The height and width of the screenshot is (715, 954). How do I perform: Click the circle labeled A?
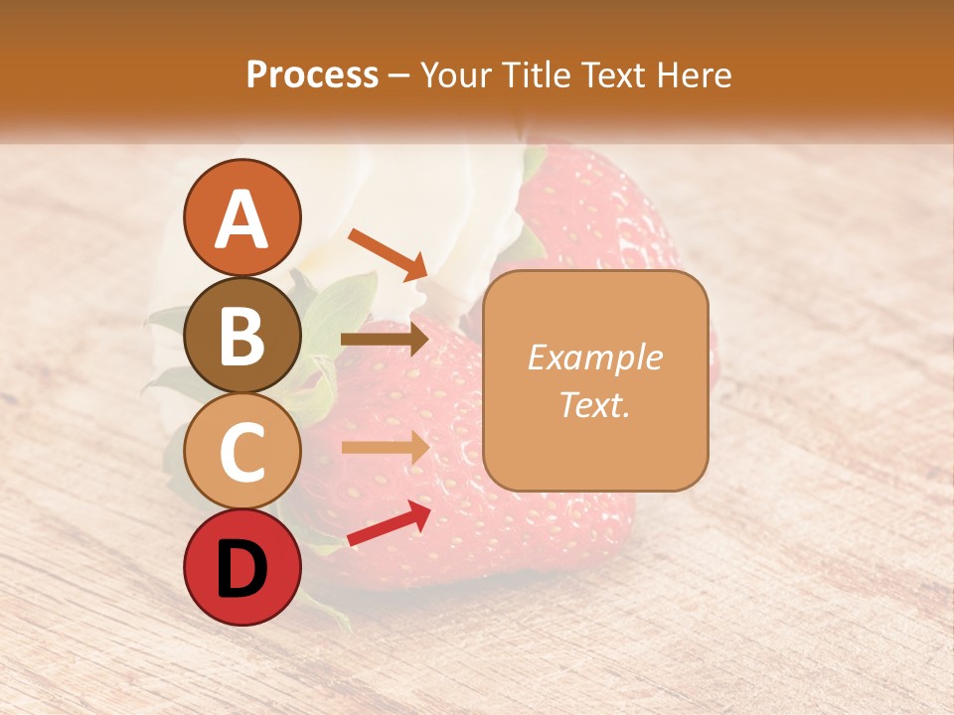241,217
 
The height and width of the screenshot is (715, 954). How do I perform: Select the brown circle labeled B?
241,335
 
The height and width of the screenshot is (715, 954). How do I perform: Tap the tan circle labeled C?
241,451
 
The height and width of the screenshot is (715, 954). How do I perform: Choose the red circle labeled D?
241,567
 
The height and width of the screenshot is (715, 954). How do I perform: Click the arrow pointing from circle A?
388,253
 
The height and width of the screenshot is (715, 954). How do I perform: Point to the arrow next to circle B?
385,340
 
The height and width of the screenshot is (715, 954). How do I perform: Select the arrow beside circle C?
385,448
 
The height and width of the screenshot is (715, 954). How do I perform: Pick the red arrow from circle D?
389,523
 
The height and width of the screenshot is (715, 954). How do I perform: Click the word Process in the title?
312,75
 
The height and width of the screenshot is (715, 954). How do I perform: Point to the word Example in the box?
594,357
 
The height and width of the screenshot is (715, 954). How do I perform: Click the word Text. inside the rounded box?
594,404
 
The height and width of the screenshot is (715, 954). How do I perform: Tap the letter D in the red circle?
241,569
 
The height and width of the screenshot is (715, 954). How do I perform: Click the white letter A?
241,219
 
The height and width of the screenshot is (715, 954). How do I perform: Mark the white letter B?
241,336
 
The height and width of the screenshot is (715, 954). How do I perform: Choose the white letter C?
241,452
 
